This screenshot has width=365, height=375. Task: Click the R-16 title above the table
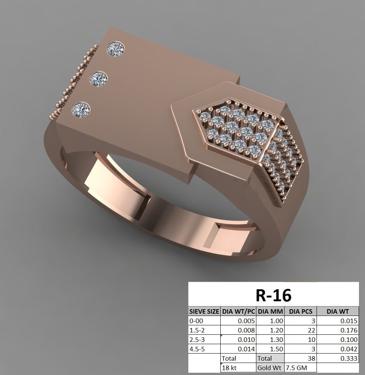pyautogui.click(x=273, y=295)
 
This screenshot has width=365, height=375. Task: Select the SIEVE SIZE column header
pyautogui.click(x=204, y=311)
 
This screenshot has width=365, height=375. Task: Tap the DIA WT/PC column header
pyautogui.click(x=239, y=311)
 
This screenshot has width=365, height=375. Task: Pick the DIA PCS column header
pyautogui.click(x=301, y=311)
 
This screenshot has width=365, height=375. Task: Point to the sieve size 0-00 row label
pyautogui.click(x=196, y=321)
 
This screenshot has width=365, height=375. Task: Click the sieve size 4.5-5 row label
pyautogui.click(x=197, y=349)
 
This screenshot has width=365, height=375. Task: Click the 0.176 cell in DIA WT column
pyautogui.click(x=349, y=330)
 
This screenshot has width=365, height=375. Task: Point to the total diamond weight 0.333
pyautogui.click(x=349, y=358)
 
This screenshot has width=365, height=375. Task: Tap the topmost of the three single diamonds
pyautogui.click(x=115, y=49)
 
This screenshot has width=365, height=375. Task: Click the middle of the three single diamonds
pyautogui.click(x=98, y=79)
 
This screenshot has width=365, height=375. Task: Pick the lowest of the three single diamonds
pyautogui.click(x=82, y=109)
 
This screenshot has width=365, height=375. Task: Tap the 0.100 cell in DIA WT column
pyautogui.click(x=349, y=340)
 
